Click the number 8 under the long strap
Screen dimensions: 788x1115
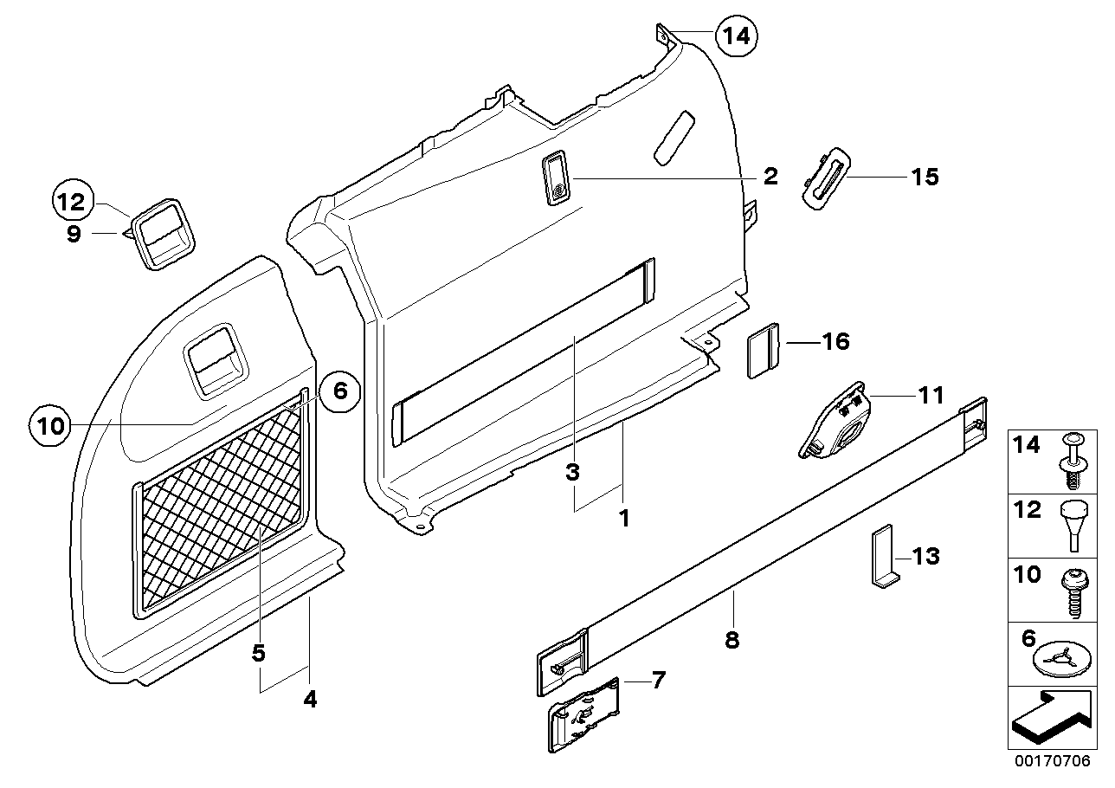click(x=733, y=640)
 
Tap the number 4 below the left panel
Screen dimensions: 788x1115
click(x=310, y=698)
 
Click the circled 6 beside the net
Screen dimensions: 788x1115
click(x=339, y=391)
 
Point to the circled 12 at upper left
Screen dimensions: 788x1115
click(x=73, y=203)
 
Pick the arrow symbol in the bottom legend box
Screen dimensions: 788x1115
click(x=1050, y=718)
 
